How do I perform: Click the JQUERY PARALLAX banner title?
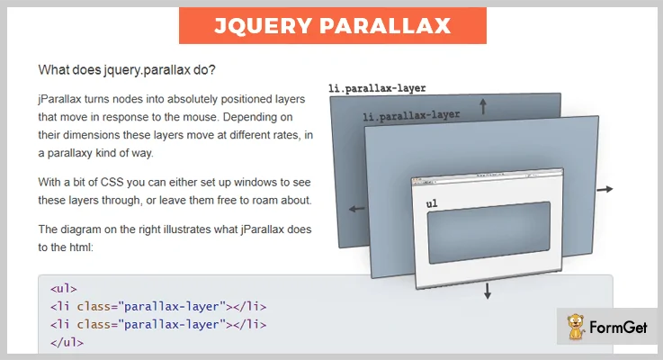(332, 25)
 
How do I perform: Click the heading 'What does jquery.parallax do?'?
(127, 70)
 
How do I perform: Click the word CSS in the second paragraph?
(112, 182)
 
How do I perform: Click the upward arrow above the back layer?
(483, 106)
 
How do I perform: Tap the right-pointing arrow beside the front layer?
(605, 189)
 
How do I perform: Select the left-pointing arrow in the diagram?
(357, 209)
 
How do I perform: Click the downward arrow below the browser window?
(488, 291)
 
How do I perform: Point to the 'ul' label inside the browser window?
(432, 204)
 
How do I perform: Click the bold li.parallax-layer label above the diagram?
(377, 88)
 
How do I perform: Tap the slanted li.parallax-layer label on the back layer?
(411, 115)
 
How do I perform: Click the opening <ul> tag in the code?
(64, 289)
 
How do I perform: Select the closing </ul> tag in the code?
(67, 342)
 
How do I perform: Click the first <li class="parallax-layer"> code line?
(158, 306)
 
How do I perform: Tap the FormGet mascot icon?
(576, 327)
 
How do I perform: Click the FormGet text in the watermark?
(618, 327)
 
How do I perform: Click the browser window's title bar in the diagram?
(488, 175)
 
